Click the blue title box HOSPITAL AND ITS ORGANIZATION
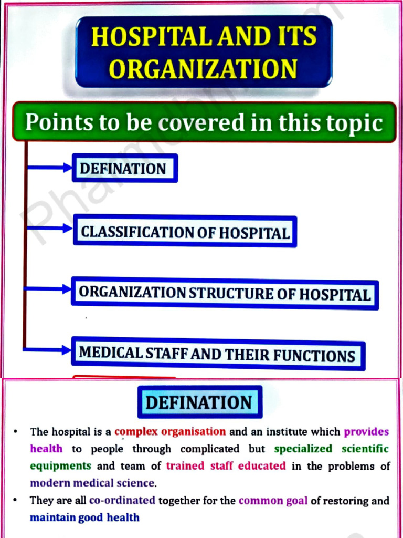[x=204, y=51]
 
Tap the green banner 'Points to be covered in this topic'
[x=204, y=122]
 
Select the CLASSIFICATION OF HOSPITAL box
[x=185, y=232]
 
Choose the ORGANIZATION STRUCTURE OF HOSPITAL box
[x=225, y=293]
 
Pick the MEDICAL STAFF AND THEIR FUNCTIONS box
[x=217, y=354]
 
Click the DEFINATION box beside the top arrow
[x=124, y=168]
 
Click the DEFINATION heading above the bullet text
[x=199, y=402]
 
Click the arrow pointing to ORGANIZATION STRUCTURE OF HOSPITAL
[x=48, y=288]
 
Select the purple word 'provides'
[x=366, y=432]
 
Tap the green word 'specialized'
[x=303, y=449]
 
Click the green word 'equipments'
[x=60, y=465]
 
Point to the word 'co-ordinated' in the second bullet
[x=122, y=500]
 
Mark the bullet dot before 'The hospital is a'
[x=17, y=432]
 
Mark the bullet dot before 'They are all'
[x=17, y=500]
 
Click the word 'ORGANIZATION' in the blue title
[x=204, y=68]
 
